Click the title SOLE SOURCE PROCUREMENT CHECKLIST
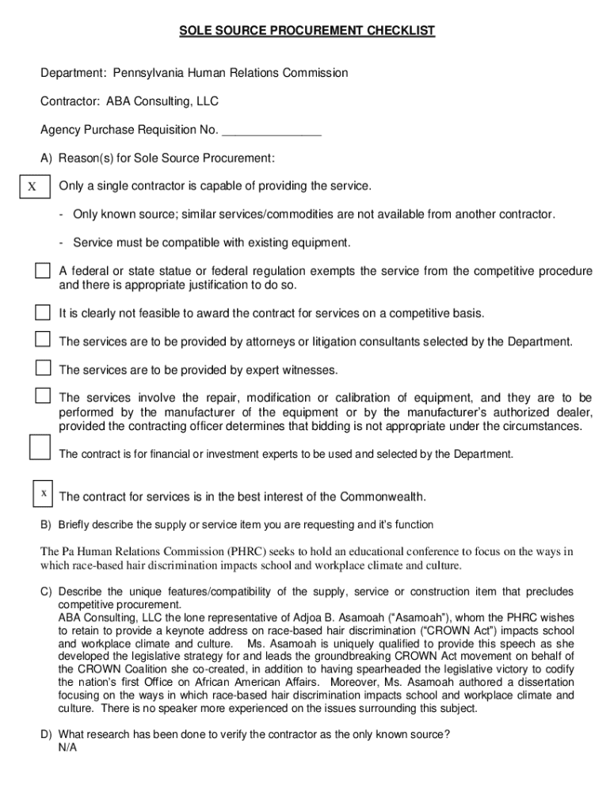(307, 31)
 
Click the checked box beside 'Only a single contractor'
(32, 187)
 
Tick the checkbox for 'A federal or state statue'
(42, 271)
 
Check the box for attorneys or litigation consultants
(42, 340)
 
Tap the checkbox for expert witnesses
(42, 367)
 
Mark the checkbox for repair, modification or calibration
(42, 395)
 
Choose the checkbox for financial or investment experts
(40, 447)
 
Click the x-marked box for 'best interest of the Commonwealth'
(44, 493)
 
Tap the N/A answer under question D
(67, 748)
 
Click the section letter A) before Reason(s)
(47, 158)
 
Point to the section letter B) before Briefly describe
(47, 524)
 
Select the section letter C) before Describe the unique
(47, 592)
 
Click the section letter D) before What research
(47, 734)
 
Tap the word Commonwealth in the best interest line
(383, 497)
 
